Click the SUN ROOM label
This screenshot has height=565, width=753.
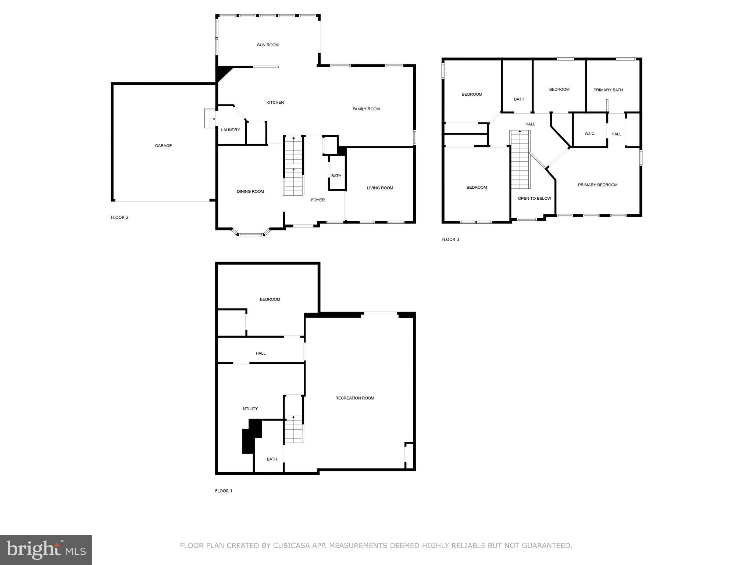tap(268, 45)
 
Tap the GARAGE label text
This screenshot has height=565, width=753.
tap(163, 146)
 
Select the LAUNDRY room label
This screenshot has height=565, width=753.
tap(231, 130)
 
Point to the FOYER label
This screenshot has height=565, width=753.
tap(318, 200)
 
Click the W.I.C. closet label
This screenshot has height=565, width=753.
tap(590, 133)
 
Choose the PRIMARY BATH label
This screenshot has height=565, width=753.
tap(608, 90)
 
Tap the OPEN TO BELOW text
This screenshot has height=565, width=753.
tap(534, 199)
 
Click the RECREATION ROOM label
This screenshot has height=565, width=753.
tap(354, 398)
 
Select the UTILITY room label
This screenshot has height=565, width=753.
tap(250, 409)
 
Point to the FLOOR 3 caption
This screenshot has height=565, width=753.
tap(450, 239)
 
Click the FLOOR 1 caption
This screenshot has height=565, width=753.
tap(224, 491)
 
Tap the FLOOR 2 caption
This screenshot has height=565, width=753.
tap(119, 217)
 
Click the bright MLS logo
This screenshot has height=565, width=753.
tap(46, 550)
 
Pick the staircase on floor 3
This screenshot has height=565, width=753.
tap(520, 159)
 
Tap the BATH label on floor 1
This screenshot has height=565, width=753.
tap(272, 459)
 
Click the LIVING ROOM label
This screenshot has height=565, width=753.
tap(380, 188)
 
